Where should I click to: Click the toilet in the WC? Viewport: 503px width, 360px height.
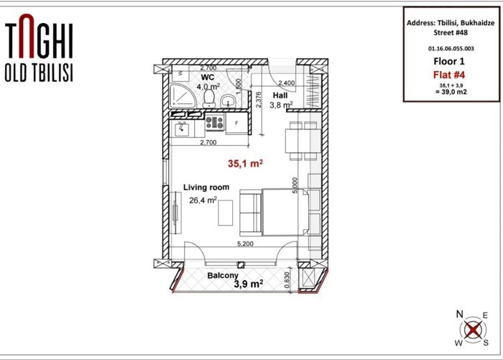(x=209, y=98)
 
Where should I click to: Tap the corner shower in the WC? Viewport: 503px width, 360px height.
(x=183, y=96)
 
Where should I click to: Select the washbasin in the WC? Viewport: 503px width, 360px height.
(x=228, y=101)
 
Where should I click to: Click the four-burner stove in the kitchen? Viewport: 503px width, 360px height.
(x=215, y=122)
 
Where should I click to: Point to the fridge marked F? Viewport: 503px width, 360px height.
(x=236, y=123)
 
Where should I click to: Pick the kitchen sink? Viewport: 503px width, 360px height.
(x=182, y=129)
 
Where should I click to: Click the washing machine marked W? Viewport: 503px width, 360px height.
(x=180, y=73)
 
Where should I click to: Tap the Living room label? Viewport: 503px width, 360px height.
(x=206, y=188)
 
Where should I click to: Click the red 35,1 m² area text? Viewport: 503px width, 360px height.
(x=246, y=164)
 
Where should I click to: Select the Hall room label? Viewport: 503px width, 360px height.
(x=280, y=96)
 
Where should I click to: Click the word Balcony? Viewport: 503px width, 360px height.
(x=223, y=275)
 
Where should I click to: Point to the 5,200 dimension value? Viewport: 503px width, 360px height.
(x=246, y=244)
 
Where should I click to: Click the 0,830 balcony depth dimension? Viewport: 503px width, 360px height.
(x=287, y=280)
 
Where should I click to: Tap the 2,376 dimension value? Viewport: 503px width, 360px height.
(x=259, y=99)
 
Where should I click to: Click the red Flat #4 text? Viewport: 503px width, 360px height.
(x=449, y=75)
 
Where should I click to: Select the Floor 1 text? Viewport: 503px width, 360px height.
(x=449, y=61)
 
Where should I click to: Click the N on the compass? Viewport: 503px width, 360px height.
(x=460, y=314)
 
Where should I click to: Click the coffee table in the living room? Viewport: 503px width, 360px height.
(x=226, y=213)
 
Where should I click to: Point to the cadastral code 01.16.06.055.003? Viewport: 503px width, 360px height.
(x=451, y=49)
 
